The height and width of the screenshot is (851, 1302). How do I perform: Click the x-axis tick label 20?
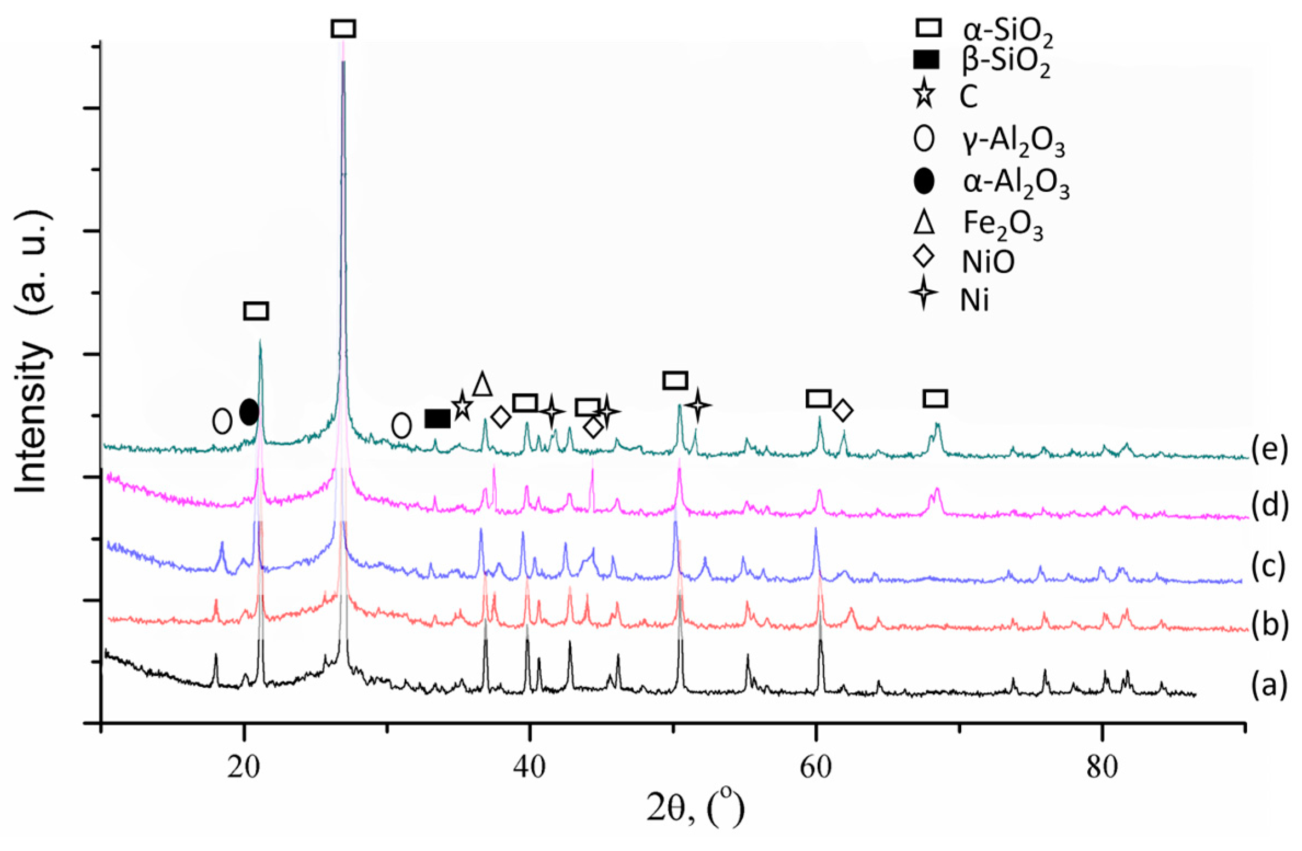click(x=243, y=768)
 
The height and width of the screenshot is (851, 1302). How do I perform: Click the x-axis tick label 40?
click(x=530, y=768)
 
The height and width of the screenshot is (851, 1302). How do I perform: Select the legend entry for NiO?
click(x=987, y=262)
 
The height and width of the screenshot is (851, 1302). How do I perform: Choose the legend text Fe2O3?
click(x=1003, y=226)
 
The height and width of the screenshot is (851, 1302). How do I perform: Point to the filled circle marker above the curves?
click(x=249, y=411)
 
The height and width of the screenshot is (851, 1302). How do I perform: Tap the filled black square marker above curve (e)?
click(x=438, y=419)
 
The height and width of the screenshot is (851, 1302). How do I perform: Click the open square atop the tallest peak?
click(x=343, y=28)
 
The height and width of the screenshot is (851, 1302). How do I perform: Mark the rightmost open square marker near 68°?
click(x=936, y=399)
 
